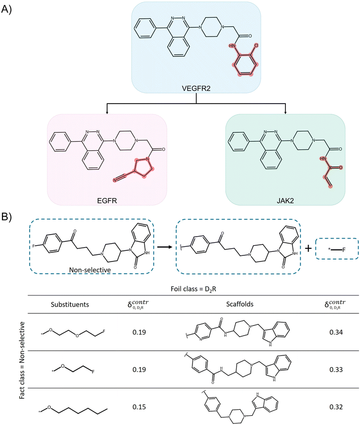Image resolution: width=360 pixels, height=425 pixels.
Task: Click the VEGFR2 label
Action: point(196,88)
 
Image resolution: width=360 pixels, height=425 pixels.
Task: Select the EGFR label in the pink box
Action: point(107,201)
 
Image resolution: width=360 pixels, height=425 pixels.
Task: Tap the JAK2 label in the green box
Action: point(285,201)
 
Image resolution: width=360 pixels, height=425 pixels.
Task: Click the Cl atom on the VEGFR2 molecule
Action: point(255,46)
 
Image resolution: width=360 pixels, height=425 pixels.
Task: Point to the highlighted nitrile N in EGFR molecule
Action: point(115,180)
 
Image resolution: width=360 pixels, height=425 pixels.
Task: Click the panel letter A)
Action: point(6,10)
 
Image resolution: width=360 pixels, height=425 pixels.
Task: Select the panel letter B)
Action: point(6,217)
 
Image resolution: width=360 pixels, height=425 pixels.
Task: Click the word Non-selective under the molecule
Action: point(90,270)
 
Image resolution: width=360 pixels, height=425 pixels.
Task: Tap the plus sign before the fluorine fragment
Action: point(308,248)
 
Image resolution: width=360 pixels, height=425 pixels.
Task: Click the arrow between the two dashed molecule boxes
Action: point(165,247)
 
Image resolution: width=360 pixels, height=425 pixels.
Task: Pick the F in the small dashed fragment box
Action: point(344,250)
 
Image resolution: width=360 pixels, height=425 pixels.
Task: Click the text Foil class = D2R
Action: point(193,289)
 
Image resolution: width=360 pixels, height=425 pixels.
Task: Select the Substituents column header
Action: point(70,304)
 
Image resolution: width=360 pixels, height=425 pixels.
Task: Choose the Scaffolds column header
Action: point(240,304)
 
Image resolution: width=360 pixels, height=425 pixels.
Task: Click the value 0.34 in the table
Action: point(336,332)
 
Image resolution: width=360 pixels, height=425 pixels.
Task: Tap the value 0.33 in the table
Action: point(336,370)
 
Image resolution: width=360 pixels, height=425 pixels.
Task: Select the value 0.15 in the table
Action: point(139,407)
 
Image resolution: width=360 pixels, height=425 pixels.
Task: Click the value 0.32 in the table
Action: point(336,407)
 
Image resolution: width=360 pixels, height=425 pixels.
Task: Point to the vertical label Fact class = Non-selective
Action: point(22,360)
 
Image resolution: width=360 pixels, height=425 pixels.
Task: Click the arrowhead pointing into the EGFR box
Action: point(107,112)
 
